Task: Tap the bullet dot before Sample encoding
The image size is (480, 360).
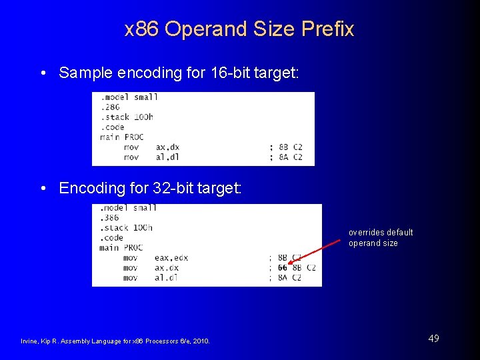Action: [x=43, y=73]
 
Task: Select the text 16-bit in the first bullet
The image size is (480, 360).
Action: [x=225, y=73]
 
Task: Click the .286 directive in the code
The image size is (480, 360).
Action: [x=110, y=107]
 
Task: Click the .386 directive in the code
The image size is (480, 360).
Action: [x=111, y=217]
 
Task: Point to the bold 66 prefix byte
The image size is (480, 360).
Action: [x=283, y=267]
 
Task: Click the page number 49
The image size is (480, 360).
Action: [x=433, y=339]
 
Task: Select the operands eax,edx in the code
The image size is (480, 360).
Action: [x=171, y=257]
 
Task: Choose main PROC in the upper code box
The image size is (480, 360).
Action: [x=121, y=137]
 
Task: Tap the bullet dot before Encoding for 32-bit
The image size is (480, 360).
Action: [x=43, y=189]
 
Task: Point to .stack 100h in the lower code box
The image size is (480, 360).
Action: [x=125, y=227]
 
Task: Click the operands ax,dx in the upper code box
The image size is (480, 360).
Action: [x=167, y=147]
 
